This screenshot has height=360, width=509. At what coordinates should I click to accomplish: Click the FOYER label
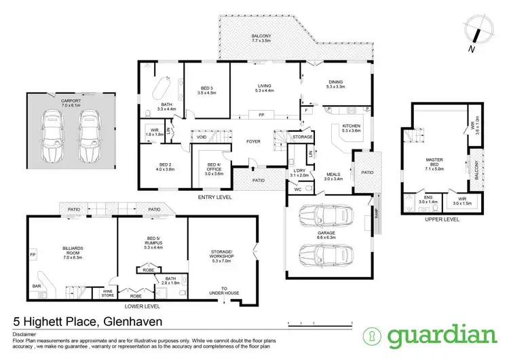[x=253, y=143]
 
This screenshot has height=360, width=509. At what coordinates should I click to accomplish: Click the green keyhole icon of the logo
[x=373, y=336]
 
